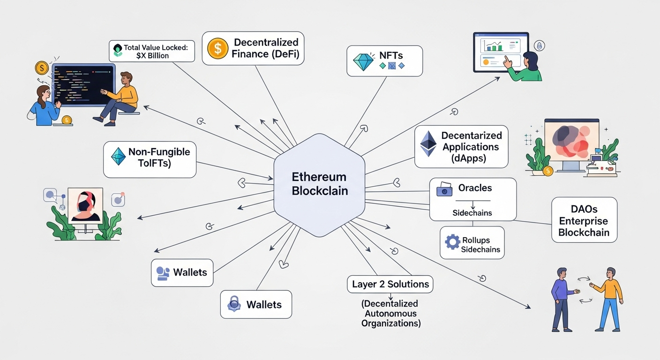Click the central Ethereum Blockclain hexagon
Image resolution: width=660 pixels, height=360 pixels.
coord(319,184)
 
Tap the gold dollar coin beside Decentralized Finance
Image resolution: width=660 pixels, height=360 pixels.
coord(217,49)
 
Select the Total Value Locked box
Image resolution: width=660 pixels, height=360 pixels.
coord(151,51)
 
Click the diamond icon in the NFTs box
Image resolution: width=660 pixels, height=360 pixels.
coord(363,61)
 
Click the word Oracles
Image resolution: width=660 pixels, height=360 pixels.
coord(475,188)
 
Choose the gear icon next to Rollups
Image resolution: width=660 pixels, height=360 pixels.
coord(452,242)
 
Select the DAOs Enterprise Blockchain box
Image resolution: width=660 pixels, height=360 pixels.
coord(584,220)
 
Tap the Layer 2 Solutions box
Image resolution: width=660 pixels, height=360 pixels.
coord(390,284)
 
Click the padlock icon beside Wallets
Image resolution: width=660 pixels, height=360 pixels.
coord(234,305)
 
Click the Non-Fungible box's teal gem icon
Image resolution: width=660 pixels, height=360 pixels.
coord(119,157)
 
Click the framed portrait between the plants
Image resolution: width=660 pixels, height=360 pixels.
coord(85,205)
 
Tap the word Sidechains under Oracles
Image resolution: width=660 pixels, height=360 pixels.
coord(472,213)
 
